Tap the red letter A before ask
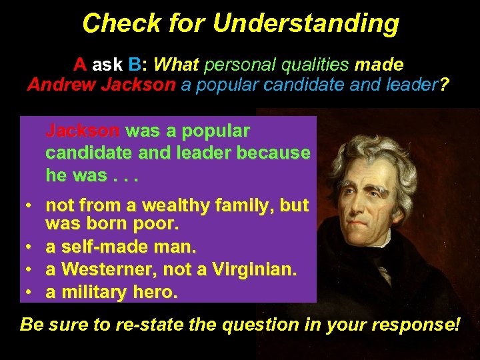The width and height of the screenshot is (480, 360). point(80,65)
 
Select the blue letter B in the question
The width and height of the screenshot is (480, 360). point(135,65)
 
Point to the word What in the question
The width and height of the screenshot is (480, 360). point(176,65)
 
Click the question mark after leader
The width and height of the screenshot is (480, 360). point(445,85)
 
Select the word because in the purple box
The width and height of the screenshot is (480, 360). point(273,153)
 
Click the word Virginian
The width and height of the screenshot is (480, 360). point(253,269)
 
